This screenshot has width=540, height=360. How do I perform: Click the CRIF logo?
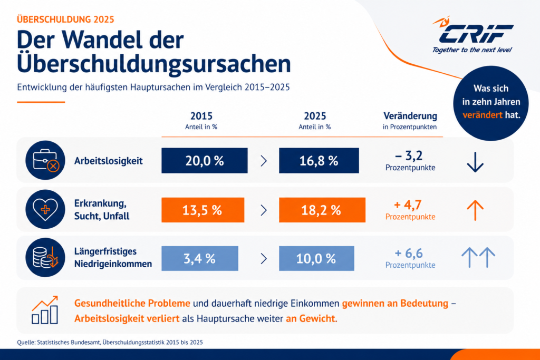click(x=473, y=35)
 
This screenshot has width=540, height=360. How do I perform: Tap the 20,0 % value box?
click(x=205, y=161)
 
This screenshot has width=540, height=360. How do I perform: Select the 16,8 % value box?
click(x=319, y=161)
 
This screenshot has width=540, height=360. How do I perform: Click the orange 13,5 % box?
click(x=203, y=210)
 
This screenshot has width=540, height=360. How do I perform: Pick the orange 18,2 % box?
click(x=322, y=210)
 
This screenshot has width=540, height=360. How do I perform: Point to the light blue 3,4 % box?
click(x=200, y=258)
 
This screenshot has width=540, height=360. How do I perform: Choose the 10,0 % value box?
click(x=316, y=258)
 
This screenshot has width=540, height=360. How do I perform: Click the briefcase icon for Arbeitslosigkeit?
click(x=45, y=160)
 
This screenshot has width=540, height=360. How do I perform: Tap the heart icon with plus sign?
click(x=45, y=209)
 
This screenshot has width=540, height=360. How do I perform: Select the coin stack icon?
click(x=45, y=257)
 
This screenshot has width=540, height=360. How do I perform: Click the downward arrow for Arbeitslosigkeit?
click(x=475, y=162)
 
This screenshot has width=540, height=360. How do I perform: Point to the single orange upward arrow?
click(x=475, y=210)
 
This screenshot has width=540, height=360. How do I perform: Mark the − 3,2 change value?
click(x=409, y=156)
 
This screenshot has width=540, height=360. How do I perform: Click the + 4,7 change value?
click(x=408, y=205)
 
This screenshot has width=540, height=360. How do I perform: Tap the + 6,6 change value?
click(x=409, y=254)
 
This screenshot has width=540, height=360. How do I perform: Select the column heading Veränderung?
click(x=410, y=116)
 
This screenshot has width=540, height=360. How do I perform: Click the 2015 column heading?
click(x=201, y=116)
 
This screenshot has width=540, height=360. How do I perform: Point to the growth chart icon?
click(x=45, y=310)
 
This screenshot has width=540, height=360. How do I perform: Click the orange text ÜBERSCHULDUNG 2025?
click(x=65, y=20)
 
